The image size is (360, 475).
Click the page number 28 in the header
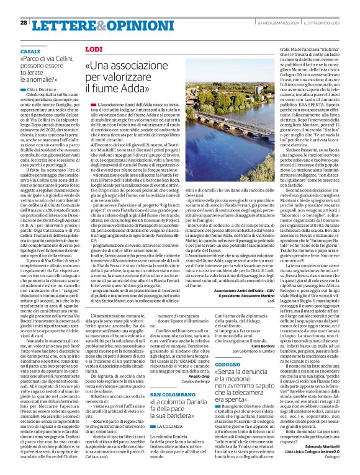click(x=24, y=22)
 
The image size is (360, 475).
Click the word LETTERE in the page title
click(x=63, y=24)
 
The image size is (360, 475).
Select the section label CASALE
click(x=30, y=51)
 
